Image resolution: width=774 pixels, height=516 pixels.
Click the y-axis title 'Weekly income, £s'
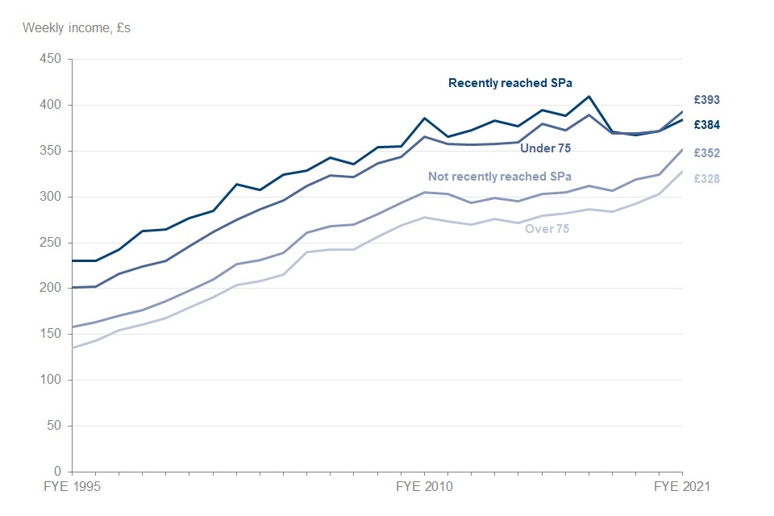pos(77,27)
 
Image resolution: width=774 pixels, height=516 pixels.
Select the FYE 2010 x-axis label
pos(425,487)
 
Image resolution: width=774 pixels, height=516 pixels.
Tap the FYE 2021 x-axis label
pos(681,487)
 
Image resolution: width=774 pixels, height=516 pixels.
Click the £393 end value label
pos(707,100)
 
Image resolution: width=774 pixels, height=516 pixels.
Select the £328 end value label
pos(707,179)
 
